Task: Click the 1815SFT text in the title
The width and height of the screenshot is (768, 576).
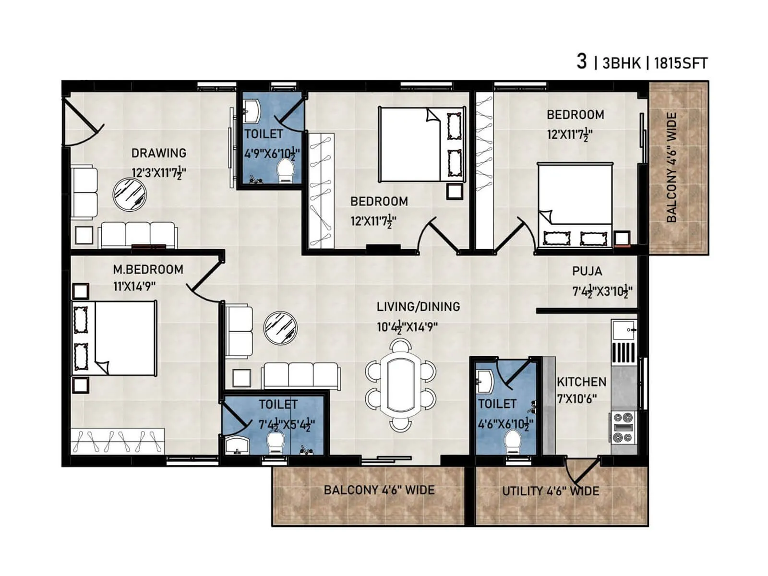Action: tap(680, 63)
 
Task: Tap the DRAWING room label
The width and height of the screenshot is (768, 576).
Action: tap(159, 153)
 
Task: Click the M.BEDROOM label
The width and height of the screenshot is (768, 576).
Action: tap(148, 269)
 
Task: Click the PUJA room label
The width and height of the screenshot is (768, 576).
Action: tap(587, 271)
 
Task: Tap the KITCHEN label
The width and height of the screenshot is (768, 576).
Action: tap(581, 382)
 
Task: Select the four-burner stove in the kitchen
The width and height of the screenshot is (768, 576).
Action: tap(623, 427)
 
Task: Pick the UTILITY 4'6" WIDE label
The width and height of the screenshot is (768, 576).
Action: tap(551, 491)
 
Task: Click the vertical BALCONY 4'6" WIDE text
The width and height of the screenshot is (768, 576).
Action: tap(672, 168)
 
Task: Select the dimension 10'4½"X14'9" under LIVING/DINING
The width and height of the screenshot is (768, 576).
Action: tap(407, 327)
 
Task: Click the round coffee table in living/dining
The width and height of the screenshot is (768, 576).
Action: tap(281, 328)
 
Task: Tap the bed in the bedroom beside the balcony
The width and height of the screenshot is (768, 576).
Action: tap(575, 205)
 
